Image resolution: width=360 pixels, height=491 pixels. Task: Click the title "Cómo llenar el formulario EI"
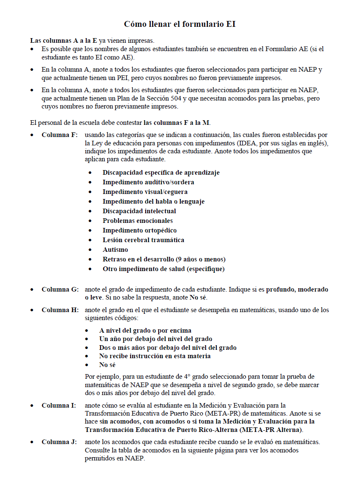[x=180, y=24]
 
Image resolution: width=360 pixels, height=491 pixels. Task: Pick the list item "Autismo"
[x=115, y=250]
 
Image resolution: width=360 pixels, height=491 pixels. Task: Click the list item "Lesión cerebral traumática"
[x=143, y=240]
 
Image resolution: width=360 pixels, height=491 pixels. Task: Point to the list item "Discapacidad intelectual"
[x=139, y=211]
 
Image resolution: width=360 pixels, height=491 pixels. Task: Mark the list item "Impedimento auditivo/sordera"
[x=148, y=182]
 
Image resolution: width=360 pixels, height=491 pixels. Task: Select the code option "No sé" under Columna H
[x=107, y=365]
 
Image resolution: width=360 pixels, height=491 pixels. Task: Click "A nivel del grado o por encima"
[x=145, y=330]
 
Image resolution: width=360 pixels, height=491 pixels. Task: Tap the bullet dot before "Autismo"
[x=90, y=250]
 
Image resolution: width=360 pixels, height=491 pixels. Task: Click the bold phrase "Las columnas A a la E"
[x=64, y=41]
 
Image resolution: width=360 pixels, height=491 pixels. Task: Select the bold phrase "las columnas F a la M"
[x=176, y=123]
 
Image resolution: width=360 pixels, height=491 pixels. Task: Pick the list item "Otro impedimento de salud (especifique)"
[x=163, y=269]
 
